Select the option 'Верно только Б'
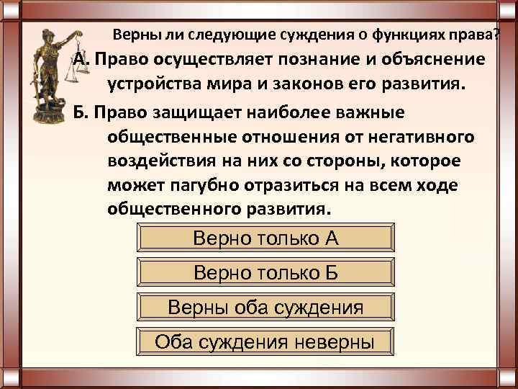pos(265,273)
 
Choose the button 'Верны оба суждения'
pos(265,308)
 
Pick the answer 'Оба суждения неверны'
pos(265,341)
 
